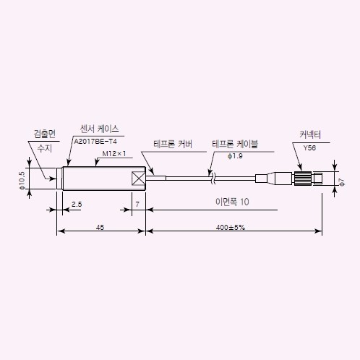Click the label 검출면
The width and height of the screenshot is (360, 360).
pos(45,134)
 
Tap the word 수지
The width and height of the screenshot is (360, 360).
pos(45,148)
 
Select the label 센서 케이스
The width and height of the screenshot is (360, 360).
pos(99,129)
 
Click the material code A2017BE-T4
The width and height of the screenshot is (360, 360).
pos(95,142)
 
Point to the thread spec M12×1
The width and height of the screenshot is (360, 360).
pos(114,154)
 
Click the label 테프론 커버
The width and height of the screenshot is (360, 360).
pos(173,144)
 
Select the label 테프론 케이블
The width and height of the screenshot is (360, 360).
pos(235,144)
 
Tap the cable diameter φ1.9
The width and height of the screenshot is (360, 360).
pos(235,156)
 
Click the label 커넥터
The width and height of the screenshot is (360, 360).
pos(310,134)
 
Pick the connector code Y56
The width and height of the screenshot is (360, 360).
pos(309,148)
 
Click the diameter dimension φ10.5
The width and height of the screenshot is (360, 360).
pos(22,181)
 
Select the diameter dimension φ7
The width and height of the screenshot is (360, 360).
pos(342,182)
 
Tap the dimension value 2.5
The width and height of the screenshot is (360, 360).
pos(77,205)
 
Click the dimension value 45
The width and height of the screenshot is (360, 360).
pos(100,227)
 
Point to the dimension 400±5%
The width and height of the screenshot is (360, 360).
pos(231,227)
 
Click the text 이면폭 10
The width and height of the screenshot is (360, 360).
pos(232,202)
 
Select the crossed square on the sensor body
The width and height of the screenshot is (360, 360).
pos(139,179)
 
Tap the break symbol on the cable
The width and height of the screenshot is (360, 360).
pos(213,179)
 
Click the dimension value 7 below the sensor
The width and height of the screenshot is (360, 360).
pos(137,205)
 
